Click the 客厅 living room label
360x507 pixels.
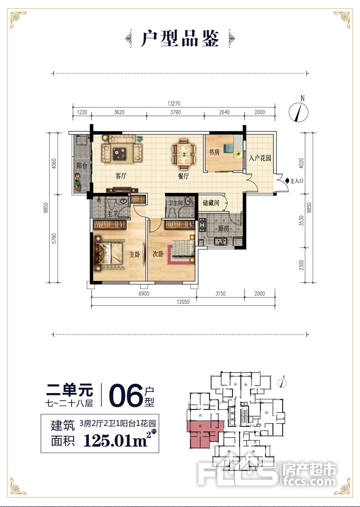pyautogui.click(x=120, y=176)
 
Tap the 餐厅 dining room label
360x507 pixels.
pyautogui.click(x=183, y=176)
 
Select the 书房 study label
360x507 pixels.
pyautogui.click(x=214, y=152)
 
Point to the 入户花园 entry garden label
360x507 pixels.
pyautogui.click(x=259, y=158)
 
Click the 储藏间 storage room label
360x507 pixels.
pyautogui.click(x=211, y=203)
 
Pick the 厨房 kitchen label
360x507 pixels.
pyautogui.click(x=223, y=228)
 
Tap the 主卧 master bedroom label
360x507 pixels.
pyautogui.click(x=134, y=254)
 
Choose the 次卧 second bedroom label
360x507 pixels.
pyautogui.click(x=158, y=254)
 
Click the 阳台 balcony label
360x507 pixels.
pyautogui.click(x=82, y=166)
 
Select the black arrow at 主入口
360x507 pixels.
pyautogui.click(x=287, y=180)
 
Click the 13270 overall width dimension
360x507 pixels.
pyautogui.click(x=173, y=104)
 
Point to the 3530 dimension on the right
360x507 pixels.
pyautogui.click(x=301, y=220)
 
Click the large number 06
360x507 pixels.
pyautogui.click(x=125, y=395)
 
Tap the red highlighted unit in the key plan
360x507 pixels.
pyautogui.click(x=204, y=434)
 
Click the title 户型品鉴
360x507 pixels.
pyautogui.click(x=180, y=39)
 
